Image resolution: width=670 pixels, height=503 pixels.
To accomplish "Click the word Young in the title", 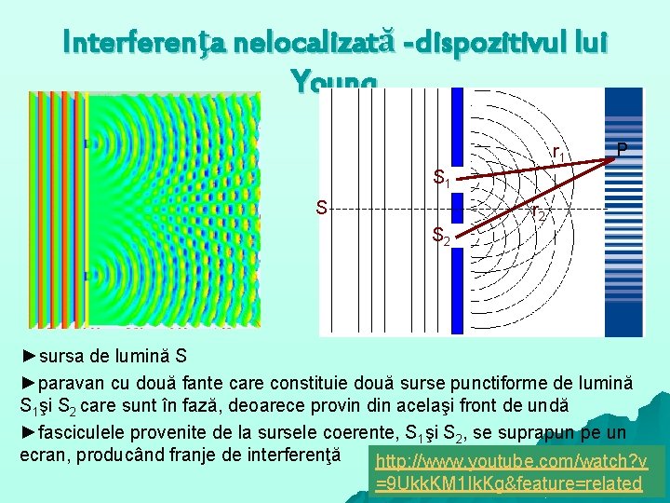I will tap(334, 85).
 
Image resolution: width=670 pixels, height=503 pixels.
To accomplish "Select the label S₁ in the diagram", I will tap(442, 177).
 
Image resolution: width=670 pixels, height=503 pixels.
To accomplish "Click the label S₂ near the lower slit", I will tap(442, 239).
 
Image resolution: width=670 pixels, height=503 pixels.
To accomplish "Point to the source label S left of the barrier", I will tap(321, 207).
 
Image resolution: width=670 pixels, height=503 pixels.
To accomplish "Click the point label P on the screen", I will tap(622, 150).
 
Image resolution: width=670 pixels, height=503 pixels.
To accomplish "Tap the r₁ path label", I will tap(560, 153).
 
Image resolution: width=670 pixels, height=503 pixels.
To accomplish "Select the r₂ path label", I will tap(539, 215).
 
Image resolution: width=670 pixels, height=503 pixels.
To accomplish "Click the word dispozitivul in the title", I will tap(488, 43).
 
